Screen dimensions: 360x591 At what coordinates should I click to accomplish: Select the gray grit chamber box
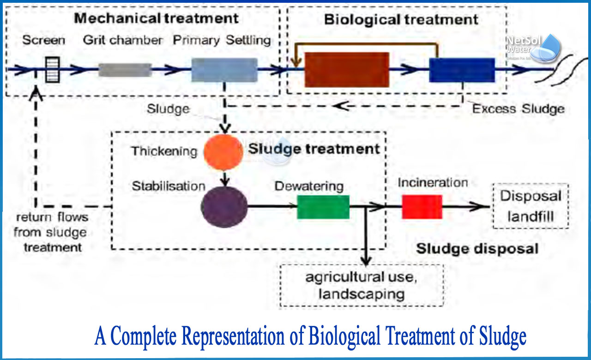125,70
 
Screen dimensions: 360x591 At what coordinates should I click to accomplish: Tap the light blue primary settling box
224,70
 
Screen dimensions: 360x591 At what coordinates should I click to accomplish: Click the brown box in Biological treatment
346,70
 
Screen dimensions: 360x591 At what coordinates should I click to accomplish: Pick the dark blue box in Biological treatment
462,70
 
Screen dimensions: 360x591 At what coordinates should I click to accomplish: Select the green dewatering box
323,207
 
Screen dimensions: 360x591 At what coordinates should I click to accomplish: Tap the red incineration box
422,207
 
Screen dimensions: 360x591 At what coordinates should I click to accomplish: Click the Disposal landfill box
531,206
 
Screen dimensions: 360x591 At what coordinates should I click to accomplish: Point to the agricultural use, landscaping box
362,285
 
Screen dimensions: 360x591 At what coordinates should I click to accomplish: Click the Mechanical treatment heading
157,18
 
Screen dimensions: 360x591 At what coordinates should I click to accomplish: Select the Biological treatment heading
401,20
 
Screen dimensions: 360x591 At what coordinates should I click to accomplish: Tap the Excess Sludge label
518,109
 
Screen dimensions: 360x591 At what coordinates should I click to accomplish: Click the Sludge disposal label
477,249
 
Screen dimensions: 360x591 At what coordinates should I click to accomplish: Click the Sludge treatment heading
314,149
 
